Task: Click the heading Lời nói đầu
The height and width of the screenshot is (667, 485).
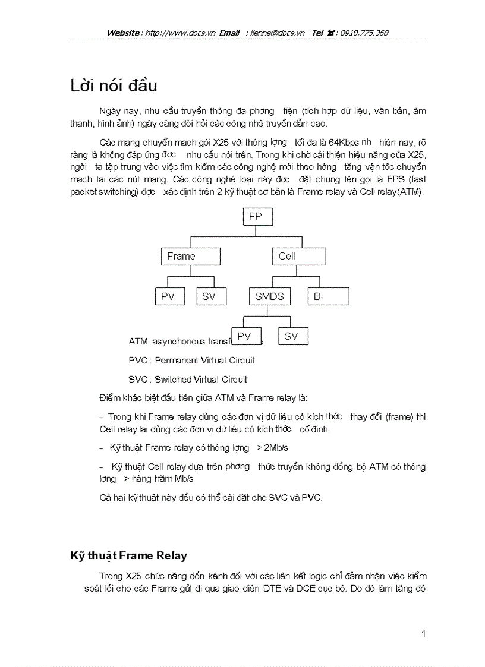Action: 114,86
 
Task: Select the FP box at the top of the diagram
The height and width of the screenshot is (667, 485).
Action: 258,217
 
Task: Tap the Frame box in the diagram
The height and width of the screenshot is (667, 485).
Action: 191,256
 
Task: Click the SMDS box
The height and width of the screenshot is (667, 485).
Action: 269,296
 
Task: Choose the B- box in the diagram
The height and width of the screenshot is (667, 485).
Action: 328,296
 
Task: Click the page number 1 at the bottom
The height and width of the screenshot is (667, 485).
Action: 423,634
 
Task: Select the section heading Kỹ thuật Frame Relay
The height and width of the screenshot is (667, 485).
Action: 128,556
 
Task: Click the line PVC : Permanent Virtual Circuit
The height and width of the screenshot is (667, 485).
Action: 191,361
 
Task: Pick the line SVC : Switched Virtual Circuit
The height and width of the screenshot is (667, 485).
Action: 188,379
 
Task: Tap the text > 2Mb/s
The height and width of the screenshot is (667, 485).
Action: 273,447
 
